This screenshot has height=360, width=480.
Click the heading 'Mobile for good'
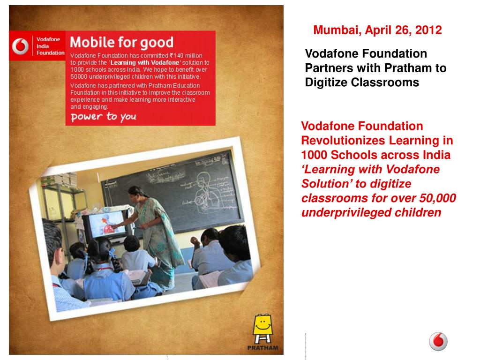coord(121,43)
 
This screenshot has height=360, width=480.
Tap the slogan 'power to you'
coord(103,116)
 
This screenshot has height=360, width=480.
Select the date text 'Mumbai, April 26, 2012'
coord(377,30)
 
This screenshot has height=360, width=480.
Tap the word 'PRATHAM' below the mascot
coord(262,348)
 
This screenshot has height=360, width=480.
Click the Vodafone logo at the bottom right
coord(438,341)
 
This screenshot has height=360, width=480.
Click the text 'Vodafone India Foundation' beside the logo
coord(50,46)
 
